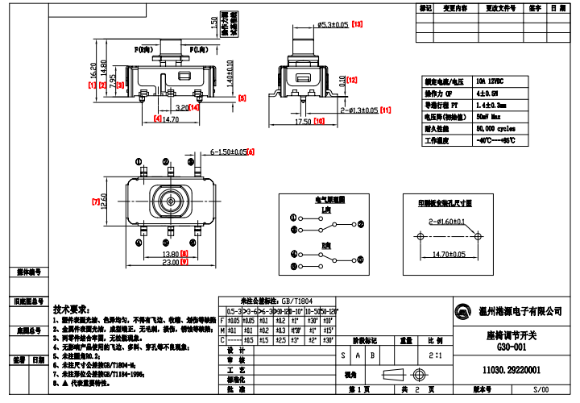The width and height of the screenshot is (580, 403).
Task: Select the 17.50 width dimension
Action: (x=303, y=122)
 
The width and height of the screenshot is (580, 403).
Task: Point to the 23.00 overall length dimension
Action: (x=169, y=263)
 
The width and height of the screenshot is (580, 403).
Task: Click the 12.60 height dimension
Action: (x=103, y=201)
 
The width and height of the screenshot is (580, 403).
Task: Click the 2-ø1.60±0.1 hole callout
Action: (x=447, y=220)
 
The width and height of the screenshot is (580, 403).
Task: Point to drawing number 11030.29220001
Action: (x=511, y=370)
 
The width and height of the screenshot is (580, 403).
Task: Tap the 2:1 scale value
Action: (x=435, y=354)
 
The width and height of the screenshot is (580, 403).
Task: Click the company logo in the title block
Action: (x=464, y=312)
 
